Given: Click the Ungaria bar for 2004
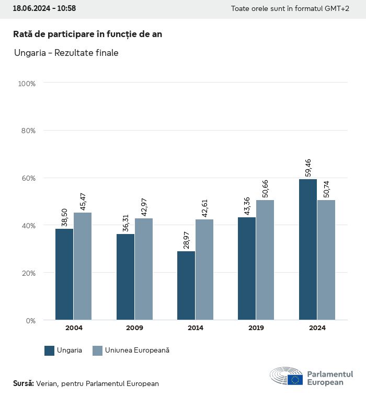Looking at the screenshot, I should click(x=64, y=274).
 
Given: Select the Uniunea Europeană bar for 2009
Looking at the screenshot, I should click(x=144, y=269).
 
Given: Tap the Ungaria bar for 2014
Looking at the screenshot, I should click(x=186, y=285).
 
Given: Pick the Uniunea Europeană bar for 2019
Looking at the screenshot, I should click(x=265, y=260).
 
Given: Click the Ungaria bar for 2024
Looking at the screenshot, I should click(x=308, y=249).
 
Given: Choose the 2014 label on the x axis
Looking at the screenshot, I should click(x=195, y=328).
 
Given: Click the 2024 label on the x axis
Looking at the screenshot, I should click(x=317, y=328).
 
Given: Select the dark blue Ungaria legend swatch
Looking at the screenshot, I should click(x=50, y=351).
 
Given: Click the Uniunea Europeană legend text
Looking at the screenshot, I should click(x=137, y=351).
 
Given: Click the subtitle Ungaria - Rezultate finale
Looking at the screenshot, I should click(x=66, y=53).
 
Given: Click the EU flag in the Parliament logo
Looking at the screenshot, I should click(x=295, y=379).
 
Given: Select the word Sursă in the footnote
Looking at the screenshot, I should click(x=24, y=383).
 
